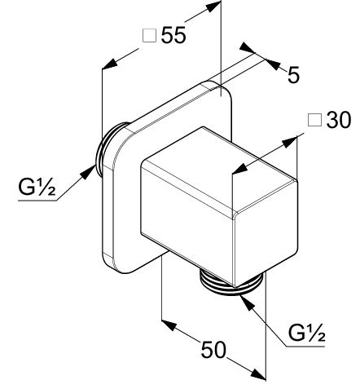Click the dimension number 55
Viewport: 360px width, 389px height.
(x=173, y=35)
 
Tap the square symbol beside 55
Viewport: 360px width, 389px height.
(x=149, y=36)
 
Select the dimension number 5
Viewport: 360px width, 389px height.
(x=293, y=74)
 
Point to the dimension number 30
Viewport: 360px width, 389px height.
(x=339, y=120)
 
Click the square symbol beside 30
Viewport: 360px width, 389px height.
(x=315, y=120)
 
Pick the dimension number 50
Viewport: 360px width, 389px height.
(x=213, y=349)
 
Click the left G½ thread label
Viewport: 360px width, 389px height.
(x=37, y=187)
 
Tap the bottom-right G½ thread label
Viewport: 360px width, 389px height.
(x=306, y=333)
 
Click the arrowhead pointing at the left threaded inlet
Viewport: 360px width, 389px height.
(x=89, y=172)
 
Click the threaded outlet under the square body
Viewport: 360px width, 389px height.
(x=231, y=283)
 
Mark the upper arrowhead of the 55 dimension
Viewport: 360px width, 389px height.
(x=213, y=7)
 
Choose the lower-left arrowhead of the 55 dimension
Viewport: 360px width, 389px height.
(x=110, y=64)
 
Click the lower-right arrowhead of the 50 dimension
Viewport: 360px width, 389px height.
(x=258, y=374)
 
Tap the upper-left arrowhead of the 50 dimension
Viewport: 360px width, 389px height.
(x=169, y=325)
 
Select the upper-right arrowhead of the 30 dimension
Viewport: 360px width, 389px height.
(x=290, y=142)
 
